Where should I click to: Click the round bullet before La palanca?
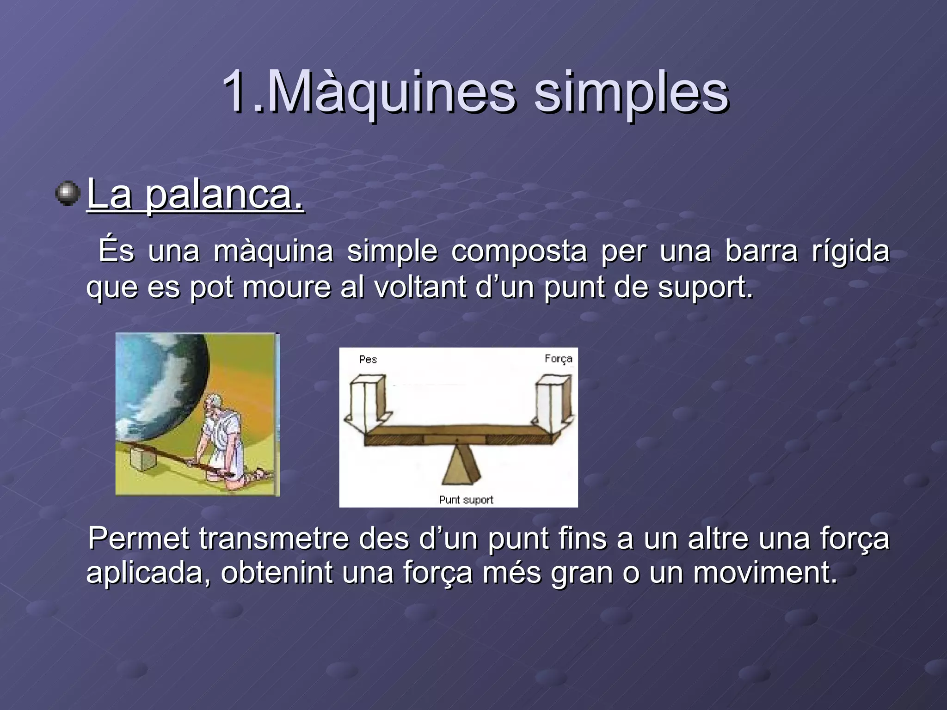(68, 193)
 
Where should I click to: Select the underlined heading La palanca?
(195, 194)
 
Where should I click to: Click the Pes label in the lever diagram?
(368, 360)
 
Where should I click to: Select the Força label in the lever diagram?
(558, 359)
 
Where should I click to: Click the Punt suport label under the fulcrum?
(466, 500)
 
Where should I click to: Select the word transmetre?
(274, 539)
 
